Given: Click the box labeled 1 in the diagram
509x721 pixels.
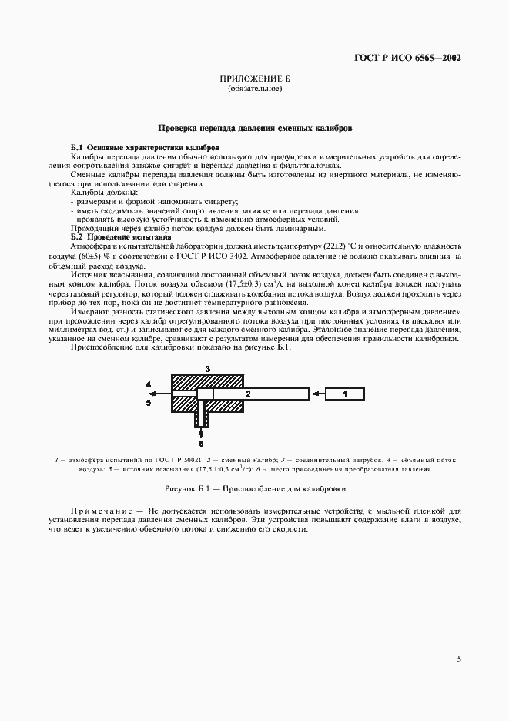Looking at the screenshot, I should tap(345, 394).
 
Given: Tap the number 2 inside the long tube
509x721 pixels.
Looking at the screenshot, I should tap(248, 394).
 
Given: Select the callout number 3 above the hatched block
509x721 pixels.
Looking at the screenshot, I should tap(207, 369).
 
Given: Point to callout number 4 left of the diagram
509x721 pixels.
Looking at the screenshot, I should tap(148, 384).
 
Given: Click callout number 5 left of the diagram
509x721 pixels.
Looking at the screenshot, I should tap(148, 401).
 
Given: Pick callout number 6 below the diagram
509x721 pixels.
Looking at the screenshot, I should tap(201, 443).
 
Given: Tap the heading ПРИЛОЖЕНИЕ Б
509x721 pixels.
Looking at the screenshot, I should tap(254, 80).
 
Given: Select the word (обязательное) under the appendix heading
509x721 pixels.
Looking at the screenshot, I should tap(254, 89).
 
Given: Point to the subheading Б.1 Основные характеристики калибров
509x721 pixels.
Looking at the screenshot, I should tap(145, 146).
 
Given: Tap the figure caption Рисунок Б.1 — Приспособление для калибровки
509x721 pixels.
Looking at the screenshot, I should tap(254, 488).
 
